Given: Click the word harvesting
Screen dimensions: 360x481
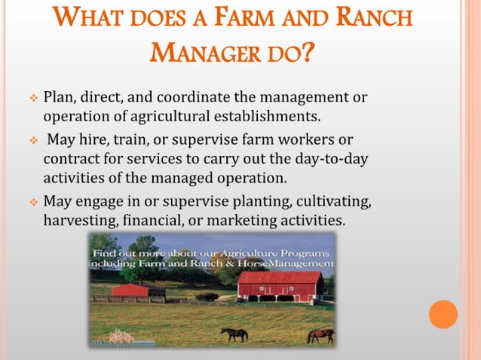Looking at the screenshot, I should click(x=78, y=221).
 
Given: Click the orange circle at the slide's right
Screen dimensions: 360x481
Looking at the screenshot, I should click(x=443, y=314).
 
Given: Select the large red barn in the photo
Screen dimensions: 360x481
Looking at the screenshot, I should click(x=280, y=286).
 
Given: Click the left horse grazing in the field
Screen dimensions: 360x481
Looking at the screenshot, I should click(x=234, y=334).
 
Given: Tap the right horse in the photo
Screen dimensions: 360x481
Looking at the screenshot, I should click(x=320, y=335).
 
